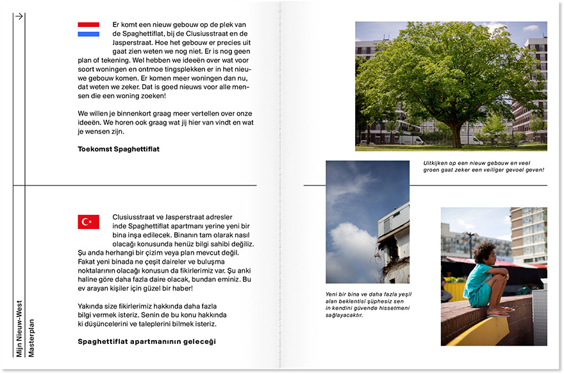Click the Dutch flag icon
(x=88, y=30)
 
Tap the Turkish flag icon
(x=88, y=222)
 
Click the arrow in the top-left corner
(x=19, y=17)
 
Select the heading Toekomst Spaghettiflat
(x=119, y=149)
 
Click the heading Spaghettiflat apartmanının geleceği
(x=147, y=342)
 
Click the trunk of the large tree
(x=456, y=133)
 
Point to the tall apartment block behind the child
(x=528, y=234)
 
